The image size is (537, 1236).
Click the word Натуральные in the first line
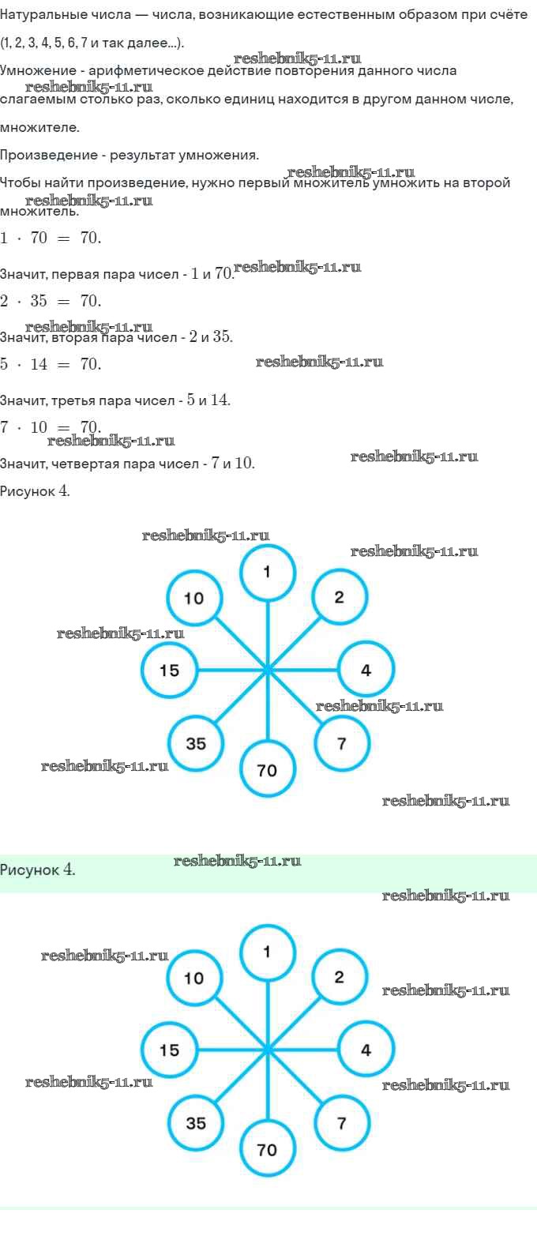(x=37, y=16)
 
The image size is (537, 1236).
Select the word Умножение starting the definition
(x=34, y=71)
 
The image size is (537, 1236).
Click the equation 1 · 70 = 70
(x=51, y=238)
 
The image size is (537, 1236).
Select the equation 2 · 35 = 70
(x=51, y=301)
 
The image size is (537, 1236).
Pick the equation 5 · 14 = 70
(x=51, y=364)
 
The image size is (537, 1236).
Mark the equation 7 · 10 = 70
(x=51, y=427)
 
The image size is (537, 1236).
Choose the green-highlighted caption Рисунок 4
(x=38, y=870)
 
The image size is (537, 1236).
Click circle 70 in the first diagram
(x=268, y=769)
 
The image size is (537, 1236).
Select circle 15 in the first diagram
(x=169, y=671)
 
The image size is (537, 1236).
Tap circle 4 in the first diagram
(x=366, y=671)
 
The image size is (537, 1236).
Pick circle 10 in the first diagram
(x=194, y=598)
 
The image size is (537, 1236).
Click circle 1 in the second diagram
(x=268, y=952)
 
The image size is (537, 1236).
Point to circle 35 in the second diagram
(x=196, y=1122)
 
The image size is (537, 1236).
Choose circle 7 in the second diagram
(x=341, y=1122)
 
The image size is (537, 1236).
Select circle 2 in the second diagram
(x=340, y=978)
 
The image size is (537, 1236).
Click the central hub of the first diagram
(x=268, y=670)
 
